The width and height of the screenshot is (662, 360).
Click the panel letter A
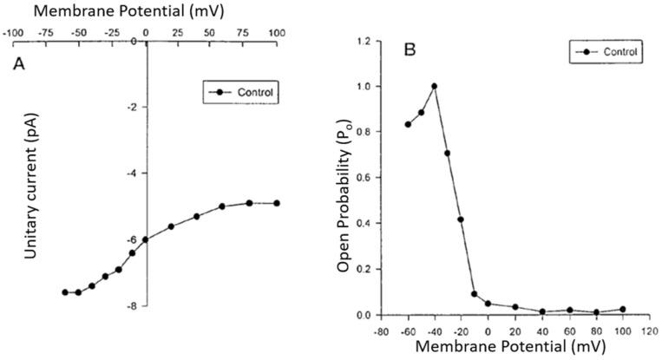pos(17,63)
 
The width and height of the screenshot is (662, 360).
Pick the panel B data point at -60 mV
pos(408,124)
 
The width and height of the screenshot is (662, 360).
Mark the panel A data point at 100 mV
pos(277,203)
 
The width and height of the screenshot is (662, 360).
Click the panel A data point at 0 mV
pos(145,239)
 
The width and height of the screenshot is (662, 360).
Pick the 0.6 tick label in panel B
pos(367,178)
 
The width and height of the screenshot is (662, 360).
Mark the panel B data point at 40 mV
pos(542,311)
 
